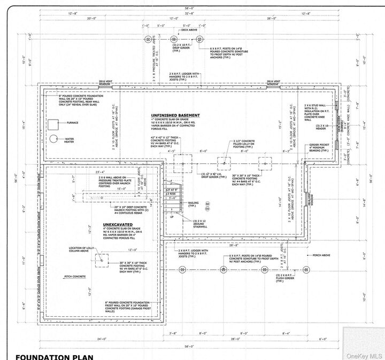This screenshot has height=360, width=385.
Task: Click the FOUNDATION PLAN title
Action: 54,356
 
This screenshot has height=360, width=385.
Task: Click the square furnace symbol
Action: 53,124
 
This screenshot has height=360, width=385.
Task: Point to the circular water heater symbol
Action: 53,139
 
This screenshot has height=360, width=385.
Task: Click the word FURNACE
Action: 73,123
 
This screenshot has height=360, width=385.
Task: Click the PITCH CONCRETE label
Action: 75,277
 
